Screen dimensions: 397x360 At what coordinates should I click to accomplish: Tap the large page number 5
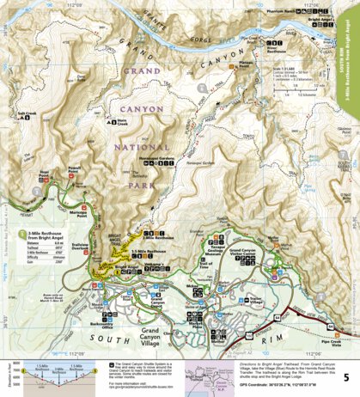point(345,377)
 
